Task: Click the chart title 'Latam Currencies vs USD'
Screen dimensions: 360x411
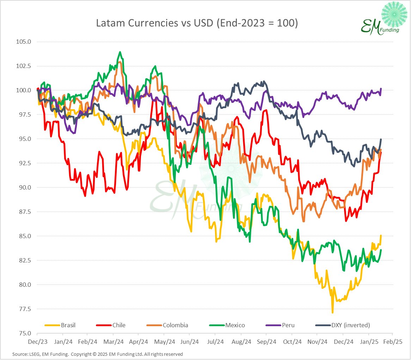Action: click(197, 24)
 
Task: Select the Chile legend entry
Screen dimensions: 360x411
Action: click(119, 325)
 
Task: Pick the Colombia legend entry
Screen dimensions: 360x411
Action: click(175, 325)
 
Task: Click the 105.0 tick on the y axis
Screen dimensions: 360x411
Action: click(24, 42)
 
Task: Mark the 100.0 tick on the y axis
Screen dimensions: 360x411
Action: click(24, 90)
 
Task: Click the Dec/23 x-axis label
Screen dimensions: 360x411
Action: click(37, 342)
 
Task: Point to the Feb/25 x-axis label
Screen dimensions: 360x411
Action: click(393, 342)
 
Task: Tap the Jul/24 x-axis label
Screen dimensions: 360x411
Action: click(215, 342)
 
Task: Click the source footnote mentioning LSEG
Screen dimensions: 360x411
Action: click(97, 354)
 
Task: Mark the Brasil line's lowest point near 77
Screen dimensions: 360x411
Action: click(332, 312)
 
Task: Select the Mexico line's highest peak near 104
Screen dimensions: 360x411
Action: click(120, 52)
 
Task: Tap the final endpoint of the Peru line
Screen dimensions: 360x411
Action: click(381, 89)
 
